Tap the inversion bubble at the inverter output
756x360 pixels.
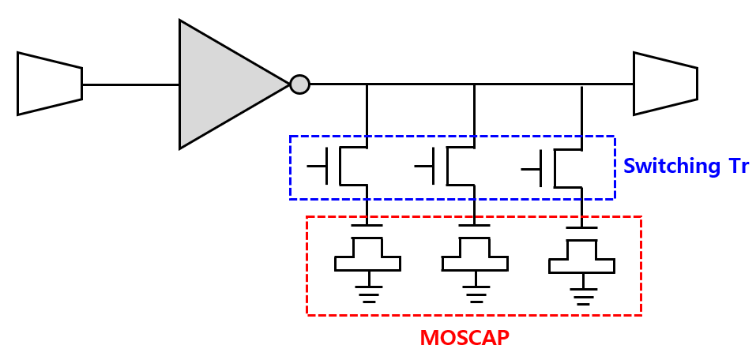299,84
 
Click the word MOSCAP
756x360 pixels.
465,338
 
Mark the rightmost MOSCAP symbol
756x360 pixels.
581,254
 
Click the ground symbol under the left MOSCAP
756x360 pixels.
367,293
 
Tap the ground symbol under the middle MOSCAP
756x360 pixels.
474,293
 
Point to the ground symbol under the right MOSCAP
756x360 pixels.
582,294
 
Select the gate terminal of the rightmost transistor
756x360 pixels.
532,167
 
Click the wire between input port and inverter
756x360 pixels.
130,84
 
